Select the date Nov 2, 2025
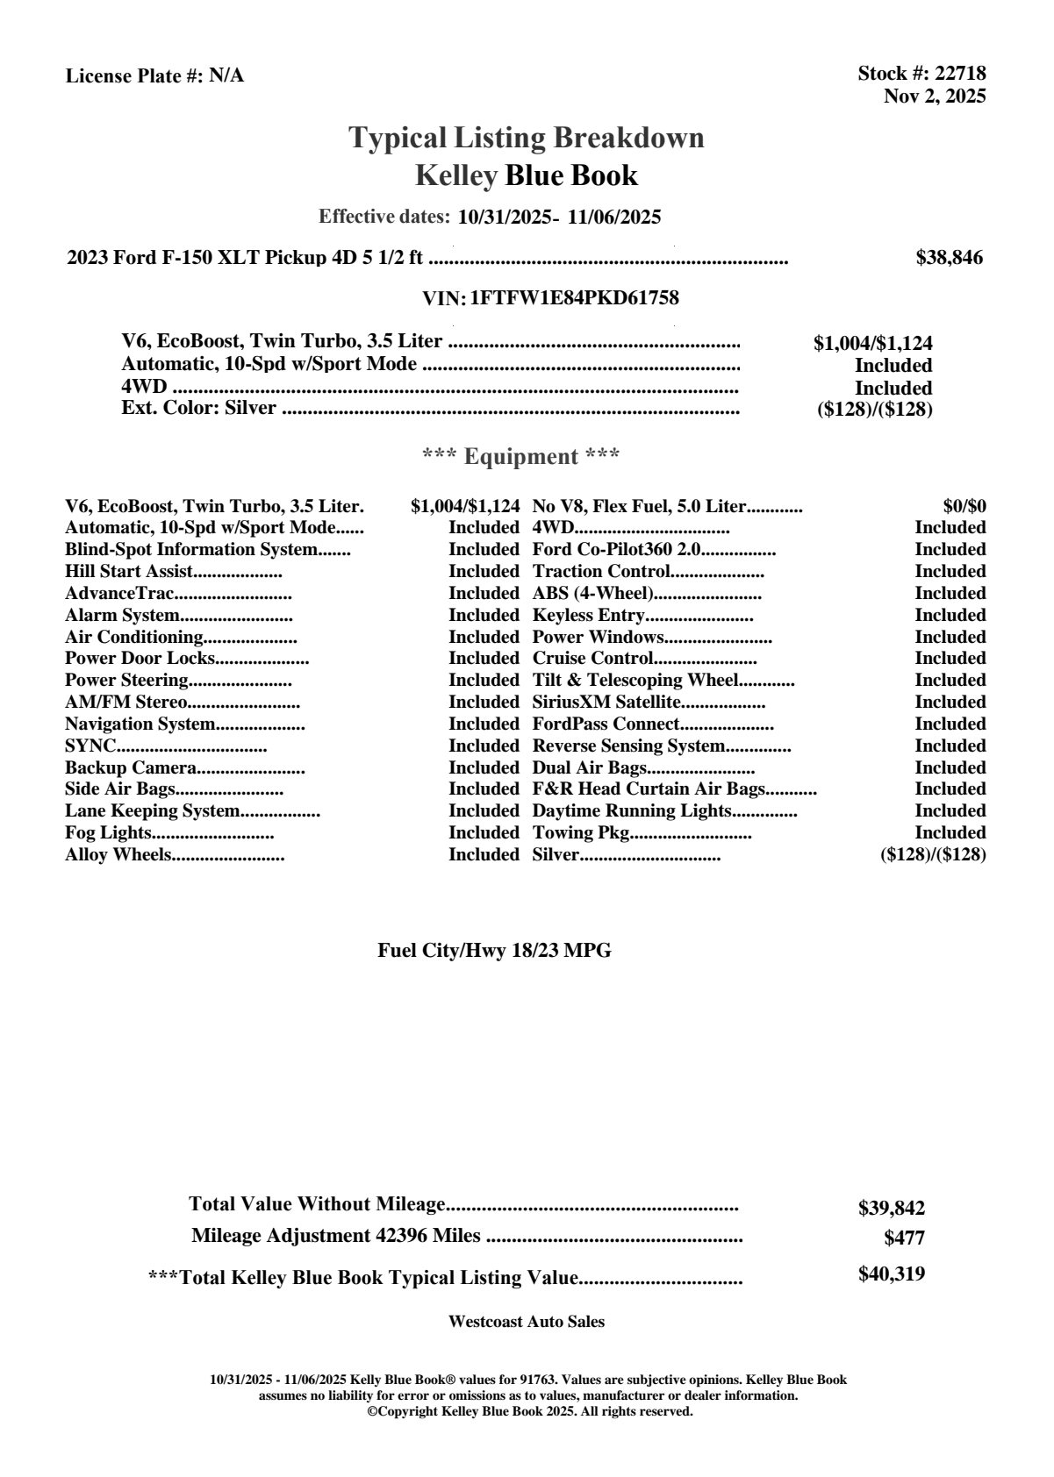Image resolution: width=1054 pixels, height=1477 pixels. pos(934,96)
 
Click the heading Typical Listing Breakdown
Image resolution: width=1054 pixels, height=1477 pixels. pos(527,138)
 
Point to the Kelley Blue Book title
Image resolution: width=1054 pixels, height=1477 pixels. pos(527,175)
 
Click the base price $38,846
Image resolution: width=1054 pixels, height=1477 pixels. pos(949,258)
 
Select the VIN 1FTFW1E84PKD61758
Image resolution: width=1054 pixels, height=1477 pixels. pos(575,298)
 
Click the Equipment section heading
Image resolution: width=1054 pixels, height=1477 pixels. pos(520,457)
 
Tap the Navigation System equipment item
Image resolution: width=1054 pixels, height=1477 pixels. pos(140,724)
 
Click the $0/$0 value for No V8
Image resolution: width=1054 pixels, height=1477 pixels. pos(964,506)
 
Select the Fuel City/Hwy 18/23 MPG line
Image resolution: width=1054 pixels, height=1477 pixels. pos(494,951)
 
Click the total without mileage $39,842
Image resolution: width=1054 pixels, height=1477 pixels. pos(891,1209)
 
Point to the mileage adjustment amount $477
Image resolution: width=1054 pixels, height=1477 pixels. pos(904,1238)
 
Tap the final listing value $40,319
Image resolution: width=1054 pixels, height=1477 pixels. pos(891,1274)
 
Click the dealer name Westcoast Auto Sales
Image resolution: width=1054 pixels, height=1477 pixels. pos(527,1322)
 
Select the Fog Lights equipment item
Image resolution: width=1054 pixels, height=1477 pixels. pos(109,833)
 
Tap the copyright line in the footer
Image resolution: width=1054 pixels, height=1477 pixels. pos(529,1411)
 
